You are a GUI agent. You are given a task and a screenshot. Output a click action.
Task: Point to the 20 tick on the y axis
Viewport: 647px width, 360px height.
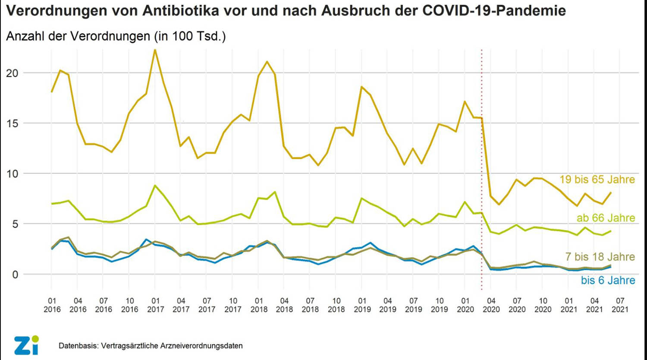pos(12,73)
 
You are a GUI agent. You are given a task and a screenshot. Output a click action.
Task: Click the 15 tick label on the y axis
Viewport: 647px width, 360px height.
pos(12,123)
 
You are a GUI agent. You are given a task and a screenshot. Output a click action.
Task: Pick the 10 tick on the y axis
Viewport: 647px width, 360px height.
pos(12,174)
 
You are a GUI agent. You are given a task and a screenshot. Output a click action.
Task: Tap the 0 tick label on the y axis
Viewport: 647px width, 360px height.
pos(15,275)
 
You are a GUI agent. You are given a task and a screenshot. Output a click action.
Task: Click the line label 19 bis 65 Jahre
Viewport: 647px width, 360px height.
pos(597,180)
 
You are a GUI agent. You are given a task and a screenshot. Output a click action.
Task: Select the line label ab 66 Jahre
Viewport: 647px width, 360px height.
pos(606,218)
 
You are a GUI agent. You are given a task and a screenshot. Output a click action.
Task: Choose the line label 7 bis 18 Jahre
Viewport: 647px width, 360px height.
pos(600,257)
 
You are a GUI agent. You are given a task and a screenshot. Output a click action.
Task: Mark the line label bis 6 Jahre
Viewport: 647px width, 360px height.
pos(608,280)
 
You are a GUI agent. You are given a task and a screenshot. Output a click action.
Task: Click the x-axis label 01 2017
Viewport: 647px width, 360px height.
pos(155,305)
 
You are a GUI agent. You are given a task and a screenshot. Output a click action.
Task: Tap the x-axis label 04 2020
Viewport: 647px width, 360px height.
pos(491,305)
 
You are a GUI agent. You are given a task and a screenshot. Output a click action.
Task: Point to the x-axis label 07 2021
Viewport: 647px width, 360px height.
pos(620,305)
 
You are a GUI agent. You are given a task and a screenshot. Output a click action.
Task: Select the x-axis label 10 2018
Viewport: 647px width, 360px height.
pos(336,305)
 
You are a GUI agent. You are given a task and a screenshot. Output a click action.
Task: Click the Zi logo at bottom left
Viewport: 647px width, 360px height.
pos(26,345)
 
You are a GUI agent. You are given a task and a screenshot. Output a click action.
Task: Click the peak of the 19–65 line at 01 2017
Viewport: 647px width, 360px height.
pos(155,50)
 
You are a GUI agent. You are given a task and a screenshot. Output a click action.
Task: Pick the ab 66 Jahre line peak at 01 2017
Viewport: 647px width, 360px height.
pos(155,185)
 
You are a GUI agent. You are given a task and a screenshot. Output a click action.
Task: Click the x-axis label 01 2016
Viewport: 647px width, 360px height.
pos(52,305)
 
